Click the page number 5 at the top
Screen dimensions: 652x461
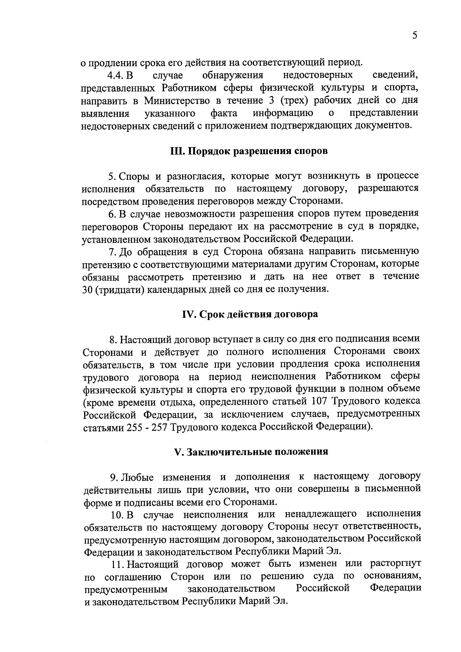tap(415, 36)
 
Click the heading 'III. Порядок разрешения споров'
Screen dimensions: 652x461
tap(249, 151)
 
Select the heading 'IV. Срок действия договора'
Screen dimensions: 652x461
tap(250, 314)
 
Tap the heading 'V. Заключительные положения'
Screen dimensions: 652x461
tap(251, 452)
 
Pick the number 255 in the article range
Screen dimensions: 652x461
tap(135, 427)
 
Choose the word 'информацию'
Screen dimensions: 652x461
tap(282, 113)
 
